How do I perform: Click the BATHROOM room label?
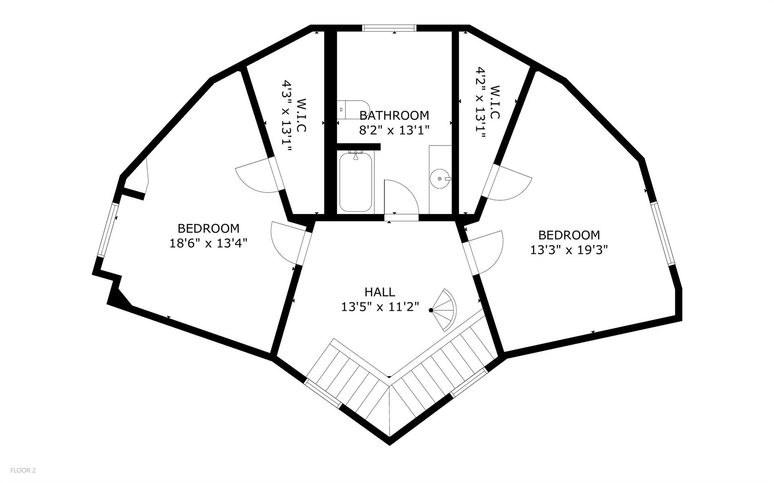click(394, 115)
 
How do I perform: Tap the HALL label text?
click(380, 292)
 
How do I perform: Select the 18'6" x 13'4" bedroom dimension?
click(208, 243)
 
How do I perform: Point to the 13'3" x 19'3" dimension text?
click(569, 250)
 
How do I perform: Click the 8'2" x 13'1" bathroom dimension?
click(394, 130)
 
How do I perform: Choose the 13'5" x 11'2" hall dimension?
click(380, 307)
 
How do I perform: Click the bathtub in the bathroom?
click(356, 182)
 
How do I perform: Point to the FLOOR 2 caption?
click(23, 471)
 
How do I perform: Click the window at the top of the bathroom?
click(389, 28)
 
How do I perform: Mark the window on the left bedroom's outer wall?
click(107, 230)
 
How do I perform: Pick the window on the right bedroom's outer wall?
click(663, 233)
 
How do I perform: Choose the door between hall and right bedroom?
click(483, 252)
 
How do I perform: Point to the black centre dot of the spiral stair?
click(431, 310)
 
